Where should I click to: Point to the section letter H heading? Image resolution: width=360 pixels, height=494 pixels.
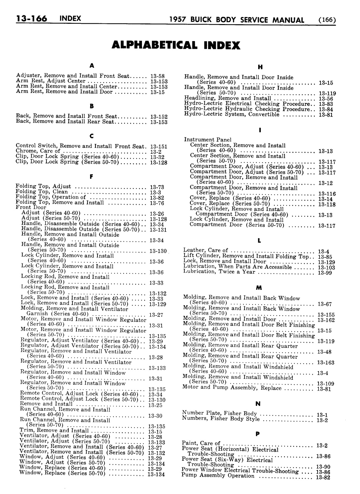[x=259, y=67]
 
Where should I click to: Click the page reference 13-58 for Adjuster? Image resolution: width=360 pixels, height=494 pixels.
[x=157, y=76]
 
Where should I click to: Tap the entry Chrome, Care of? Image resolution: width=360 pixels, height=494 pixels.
[x=38, y=151]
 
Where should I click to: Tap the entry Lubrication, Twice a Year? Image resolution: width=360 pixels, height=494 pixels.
[x=219, y=271]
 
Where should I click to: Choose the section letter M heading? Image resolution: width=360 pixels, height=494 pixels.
[x=258, y=287]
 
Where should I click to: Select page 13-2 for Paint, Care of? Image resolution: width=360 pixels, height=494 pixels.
[x=322, y=446]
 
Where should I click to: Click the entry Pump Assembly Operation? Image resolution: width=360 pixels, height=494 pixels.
[x=218, y=476]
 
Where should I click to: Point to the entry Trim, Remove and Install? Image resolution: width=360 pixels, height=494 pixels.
[x=54, y=430]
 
